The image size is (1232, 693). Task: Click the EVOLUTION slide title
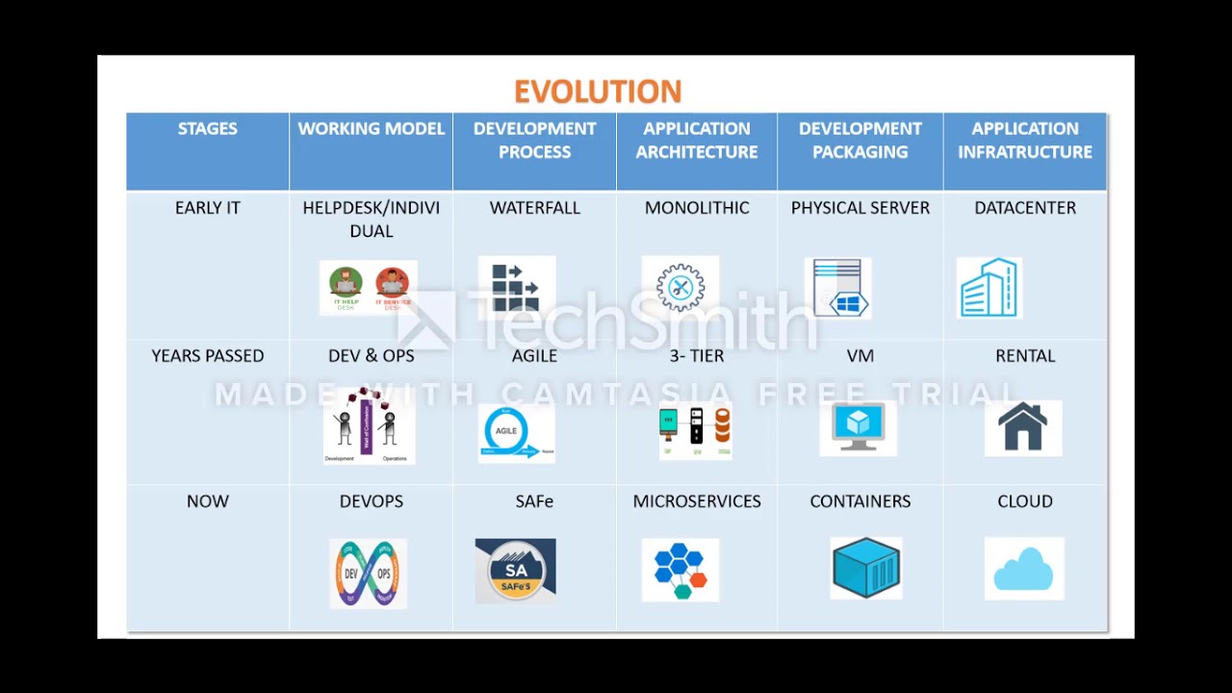598,91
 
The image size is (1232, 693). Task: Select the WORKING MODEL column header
371,129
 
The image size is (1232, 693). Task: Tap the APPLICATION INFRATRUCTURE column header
1024,141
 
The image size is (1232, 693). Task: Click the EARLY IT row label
207,208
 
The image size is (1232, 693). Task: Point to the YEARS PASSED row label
207,356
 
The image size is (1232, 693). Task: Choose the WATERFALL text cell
534,208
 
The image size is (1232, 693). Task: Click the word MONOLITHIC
696,208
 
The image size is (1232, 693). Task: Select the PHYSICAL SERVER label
860,208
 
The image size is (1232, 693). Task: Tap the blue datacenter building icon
988,288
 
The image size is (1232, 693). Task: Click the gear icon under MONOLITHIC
680,287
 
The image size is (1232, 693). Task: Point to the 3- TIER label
696,356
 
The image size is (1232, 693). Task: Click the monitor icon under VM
858,427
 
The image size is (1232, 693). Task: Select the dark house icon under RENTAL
1022,428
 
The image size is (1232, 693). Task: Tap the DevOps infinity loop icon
368,574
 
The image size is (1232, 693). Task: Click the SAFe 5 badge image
515,571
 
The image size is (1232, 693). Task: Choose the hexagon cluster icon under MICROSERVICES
680,570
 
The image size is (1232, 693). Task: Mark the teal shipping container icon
866,568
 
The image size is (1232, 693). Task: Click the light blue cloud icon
1023,568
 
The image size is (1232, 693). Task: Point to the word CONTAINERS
860,501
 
